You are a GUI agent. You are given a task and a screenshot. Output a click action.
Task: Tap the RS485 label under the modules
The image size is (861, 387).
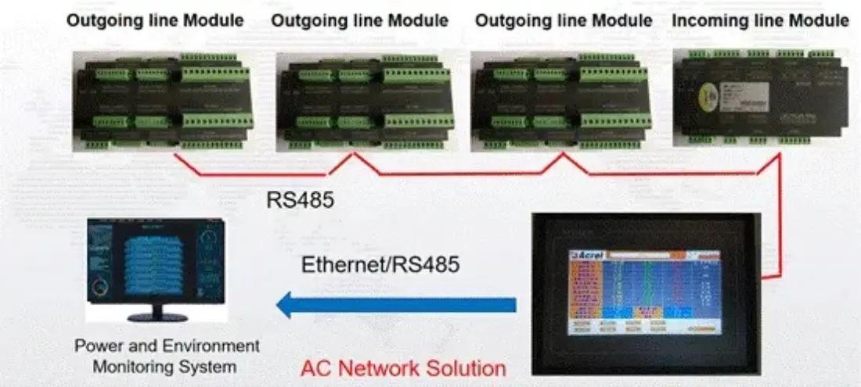tap(300, 200)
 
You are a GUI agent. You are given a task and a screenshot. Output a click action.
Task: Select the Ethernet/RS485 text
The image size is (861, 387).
tap(380, 264)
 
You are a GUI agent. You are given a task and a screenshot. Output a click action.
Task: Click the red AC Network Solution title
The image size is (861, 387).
tap(403, 367)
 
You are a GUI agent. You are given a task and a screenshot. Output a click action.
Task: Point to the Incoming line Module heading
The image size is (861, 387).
tap(760, 20)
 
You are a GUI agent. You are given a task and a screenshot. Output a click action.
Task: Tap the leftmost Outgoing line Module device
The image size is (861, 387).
tap(162, 100)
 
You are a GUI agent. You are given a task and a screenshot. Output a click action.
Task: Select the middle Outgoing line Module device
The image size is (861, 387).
tap(365, 100)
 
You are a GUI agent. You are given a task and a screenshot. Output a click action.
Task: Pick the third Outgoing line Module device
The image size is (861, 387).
tap(561, 100)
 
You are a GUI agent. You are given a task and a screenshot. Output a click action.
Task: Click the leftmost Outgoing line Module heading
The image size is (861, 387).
tap(156, 20)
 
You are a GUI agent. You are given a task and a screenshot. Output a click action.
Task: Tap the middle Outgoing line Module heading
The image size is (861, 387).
tap(360, 20)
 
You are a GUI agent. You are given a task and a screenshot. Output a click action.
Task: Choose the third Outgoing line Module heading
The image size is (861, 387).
tap(564, 20)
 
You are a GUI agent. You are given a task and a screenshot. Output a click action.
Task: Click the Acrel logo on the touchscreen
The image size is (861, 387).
tap(587, 255)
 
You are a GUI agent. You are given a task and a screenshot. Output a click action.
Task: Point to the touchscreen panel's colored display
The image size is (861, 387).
tap(643, 291)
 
